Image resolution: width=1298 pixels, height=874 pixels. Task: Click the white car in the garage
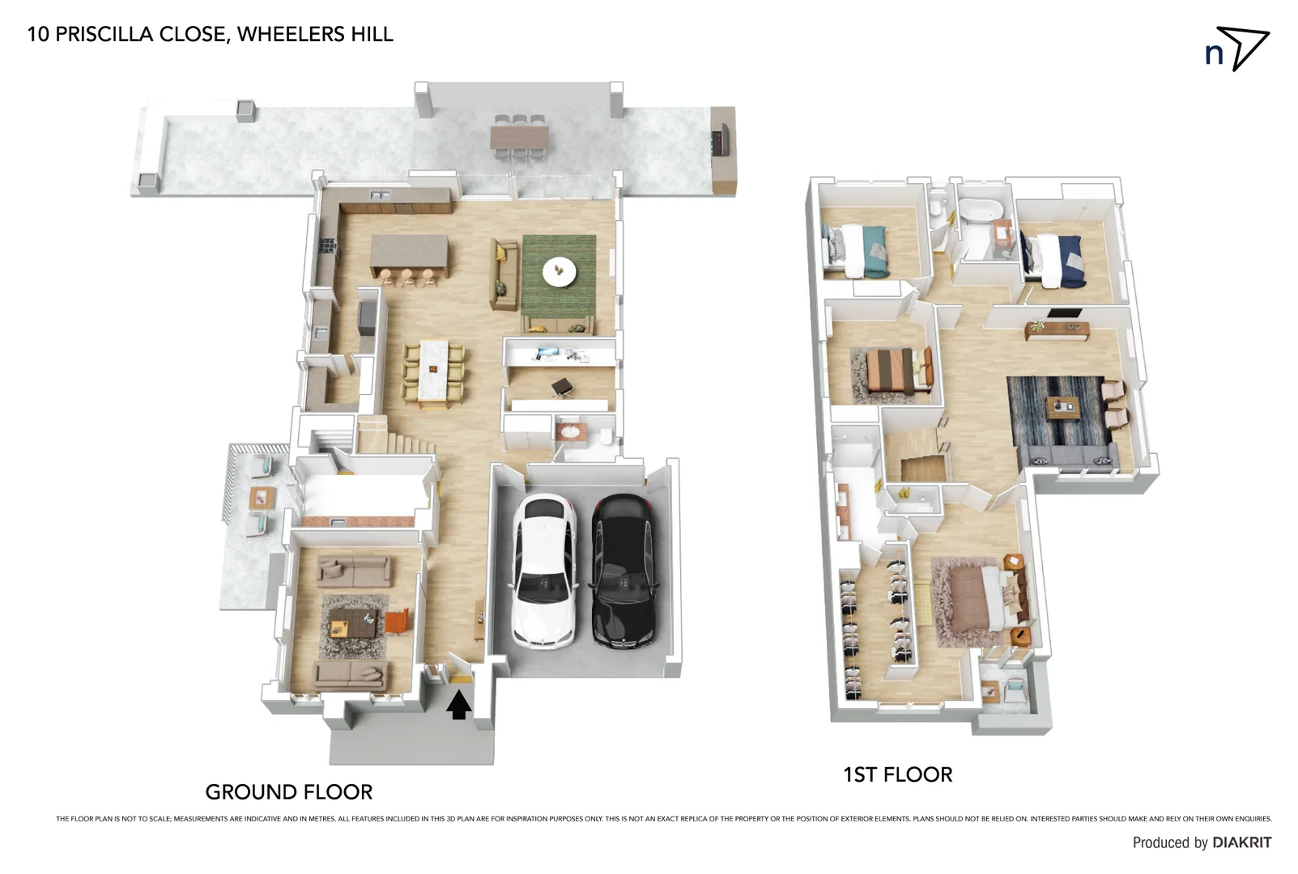pos(544,571)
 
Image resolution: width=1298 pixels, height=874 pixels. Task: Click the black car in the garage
pos(623,571)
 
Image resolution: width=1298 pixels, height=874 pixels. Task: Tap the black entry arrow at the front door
pos(458,704)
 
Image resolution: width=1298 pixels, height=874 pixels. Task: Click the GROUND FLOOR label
pos(288,791)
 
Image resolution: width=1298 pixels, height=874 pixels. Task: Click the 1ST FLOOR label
pos(897,774)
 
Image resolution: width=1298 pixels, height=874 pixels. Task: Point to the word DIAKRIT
pos(1241,842)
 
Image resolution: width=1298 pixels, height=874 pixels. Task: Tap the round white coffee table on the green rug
pos(560,271)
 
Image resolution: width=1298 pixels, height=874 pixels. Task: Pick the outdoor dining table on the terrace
pos(519,137)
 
